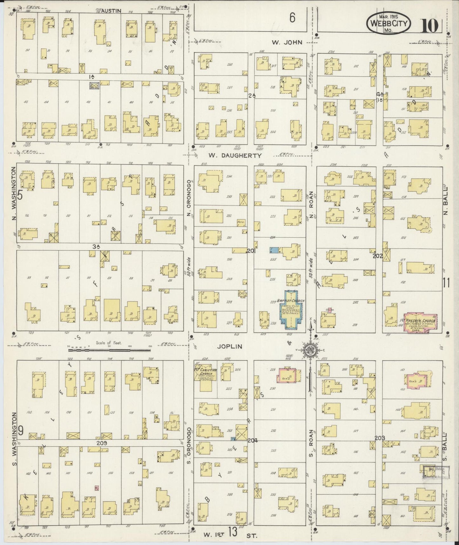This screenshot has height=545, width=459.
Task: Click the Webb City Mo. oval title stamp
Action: (389, 24)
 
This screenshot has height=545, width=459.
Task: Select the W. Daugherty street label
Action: (235, 155)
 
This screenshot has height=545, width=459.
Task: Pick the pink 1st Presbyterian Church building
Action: (420, 323)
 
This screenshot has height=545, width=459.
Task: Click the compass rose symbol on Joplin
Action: (309, 350)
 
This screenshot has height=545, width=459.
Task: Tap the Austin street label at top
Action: (111, 10)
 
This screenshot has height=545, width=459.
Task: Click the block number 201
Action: (251, 251)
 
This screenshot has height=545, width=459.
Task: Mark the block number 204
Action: (253, 441)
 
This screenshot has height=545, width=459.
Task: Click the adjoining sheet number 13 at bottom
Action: (233, 532)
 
